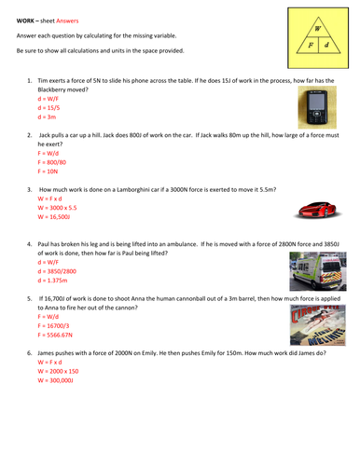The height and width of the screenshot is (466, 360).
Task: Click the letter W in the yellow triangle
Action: [x=317, y=28]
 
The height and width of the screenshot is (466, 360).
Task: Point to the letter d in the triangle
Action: [x=326, y=44]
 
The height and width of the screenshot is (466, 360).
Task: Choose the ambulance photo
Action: [x=312, y=268]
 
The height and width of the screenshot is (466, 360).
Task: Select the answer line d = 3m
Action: [x=48, y=118]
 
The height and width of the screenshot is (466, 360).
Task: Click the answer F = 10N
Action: [x=48, y=171]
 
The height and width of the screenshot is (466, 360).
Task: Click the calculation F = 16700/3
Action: [x=56, y=322]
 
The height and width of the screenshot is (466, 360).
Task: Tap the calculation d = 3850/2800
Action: [x=58, y=268]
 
